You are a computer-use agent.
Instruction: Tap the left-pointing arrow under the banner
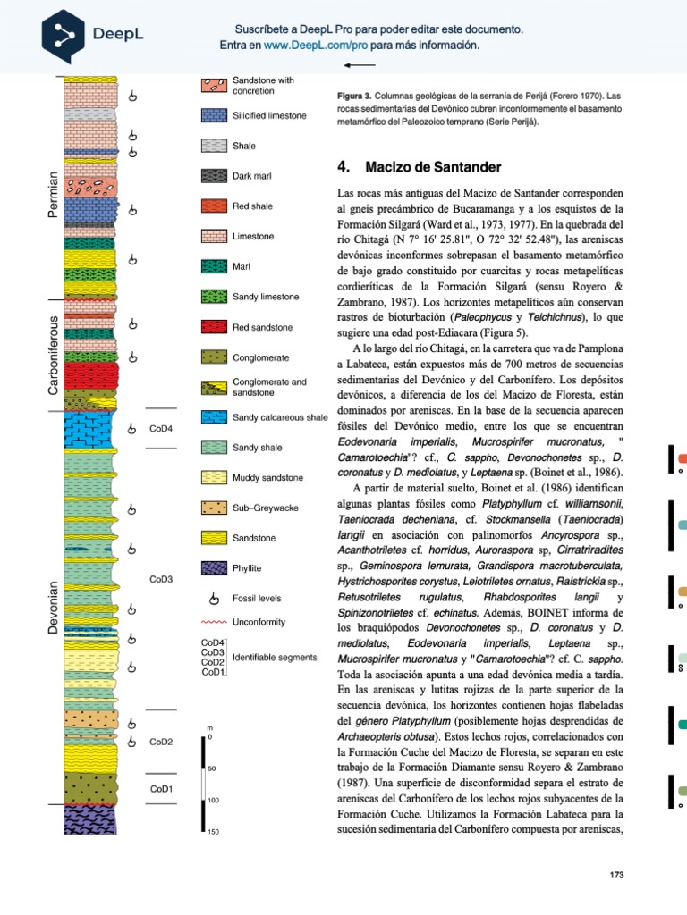359,65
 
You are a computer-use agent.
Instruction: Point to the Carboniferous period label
53,355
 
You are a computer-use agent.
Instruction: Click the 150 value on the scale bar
212,832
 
